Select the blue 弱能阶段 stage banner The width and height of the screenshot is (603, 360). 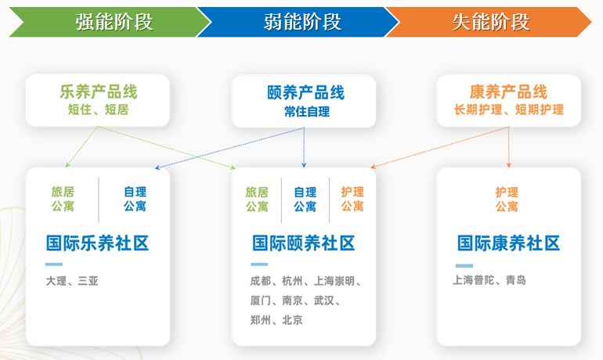tap(302, 21)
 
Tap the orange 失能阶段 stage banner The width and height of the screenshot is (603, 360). tap(490, 21)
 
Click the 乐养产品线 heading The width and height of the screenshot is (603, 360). tap(98, 92)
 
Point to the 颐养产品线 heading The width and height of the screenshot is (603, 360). tap(306, 93)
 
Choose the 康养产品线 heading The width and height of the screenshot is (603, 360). tap(508, 92)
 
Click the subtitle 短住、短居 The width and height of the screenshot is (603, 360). tap(98, 110)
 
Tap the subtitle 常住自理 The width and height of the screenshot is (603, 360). tap(306, 111)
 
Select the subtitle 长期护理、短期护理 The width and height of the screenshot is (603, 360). tap(508, 110)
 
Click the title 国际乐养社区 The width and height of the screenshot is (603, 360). tap(97, 243)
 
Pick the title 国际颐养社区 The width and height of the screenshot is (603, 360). tap(303, 243)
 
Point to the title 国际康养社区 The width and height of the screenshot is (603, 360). tap(508, 243)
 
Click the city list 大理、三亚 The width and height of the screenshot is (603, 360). tap(72, 280)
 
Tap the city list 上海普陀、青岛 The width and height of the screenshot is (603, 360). tap(489, 280)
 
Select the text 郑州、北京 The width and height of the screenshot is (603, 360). tap(276, 320)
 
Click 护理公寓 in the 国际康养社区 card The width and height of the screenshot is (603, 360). tap(507, 199)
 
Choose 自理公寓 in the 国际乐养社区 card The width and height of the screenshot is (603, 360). tap(135, 199)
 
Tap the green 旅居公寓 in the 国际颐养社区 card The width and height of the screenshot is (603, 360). tap(257, 199)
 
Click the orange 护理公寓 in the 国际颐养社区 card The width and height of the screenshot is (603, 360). tap(352, 199)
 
